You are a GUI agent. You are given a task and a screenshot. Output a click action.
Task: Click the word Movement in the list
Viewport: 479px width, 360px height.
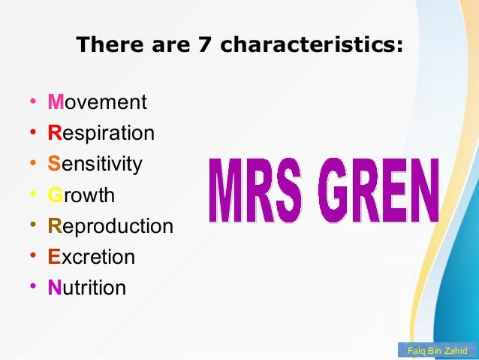click(x=97, y=102)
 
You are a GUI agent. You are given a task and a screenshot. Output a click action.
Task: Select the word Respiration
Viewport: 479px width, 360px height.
click(x=101, y=134)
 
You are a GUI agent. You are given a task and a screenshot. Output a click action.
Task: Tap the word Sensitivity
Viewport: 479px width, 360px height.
click(x=95, y=165)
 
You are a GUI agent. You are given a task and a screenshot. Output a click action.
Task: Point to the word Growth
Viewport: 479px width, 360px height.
click(x=81, y=196)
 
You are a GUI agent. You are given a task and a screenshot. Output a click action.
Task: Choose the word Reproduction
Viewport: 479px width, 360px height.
click(x=110, y=226)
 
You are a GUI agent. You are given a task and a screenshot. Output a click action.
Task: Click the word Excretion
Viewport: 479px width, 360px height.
click(x=92, y=257)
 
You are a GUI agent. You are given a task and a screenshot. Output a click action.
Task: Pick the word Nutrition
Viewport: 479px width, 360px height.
click(x=87, y=288)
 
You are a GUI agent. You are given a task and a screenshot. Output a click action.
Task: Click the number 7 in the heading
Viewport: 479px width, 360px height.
click(x=203, y=45)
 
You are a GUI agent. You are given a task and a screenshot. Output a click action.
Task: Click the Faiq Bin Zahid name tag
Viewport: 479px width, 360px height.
click(x=436, y=351)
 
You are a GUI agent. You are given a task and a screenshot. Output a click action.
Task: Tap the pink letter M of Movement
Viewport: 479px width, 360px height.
click(x=55, y=102)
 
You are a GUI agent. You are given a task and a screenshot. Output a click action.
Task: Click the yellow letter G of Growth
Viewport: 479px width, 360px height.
click(x=55, y=196)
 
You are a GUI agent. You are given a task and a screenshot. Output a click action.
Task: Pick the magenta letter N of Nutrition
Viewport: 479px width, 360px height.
click(x=54, y=288)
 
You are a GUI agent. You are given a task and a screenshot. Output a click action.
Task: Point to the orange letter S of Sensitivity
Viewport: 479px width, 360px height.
click(x=54, y=165)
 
